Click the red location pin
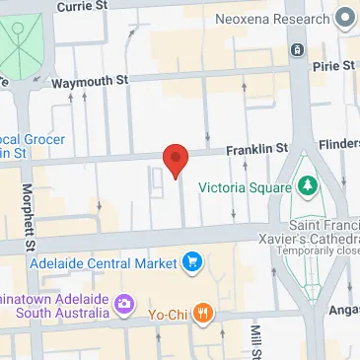click(x=175, y=160)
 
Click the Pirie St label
click(x=333, y=66)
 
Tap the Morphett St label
click(x=30, y=218)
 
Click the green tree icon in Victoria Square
click(x=308, y=184)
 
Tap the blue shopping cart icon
click(x=191, y=263)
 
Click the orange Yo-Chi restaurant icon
click(x=203, y=314)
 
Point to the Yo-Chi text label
click(x=167, y=315)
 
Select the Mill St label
click(x=254, y=341)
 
